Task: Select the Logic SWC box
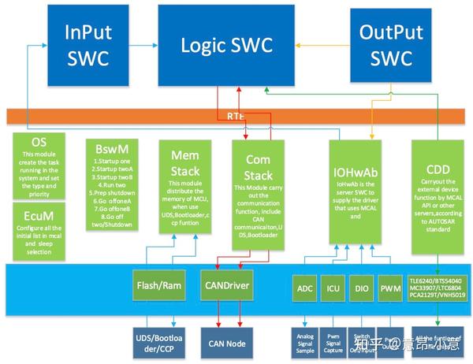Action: (229, 46)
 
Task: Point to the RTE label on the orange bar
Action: (235, 115)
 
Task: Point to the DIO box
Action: (362, 288)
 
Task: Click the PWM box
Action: (389, 288)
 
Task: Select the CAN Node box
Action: (229, 342)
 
